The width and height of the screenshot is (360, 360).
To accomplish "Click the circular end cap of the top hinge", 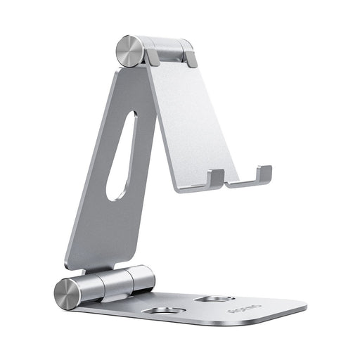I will pos(129,51).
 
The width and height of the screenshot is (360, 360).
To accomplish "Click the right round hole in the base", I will pos(214,299).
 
